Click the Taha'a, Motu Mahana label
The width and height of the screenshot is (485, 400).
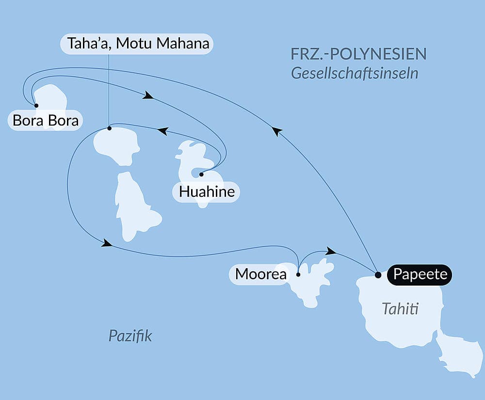point(139,44)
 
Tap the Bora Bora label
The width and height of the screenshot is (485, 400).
point(46,120)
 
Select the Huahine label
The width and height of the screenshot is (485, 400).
point(207,192)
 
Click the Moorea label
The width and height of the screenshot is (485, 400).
point(260,274)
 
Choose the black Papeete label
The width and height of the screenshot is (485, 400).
point(420,274)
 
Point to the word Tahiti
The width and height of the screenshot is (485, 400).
point(400,308)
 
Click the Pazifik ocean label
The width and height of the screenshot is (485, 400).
point(130,336)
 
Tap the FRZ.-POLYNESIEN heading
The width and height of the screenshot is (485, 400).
point(358,54)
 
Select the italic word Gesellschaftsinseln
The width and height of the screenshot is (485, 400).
point(355,74)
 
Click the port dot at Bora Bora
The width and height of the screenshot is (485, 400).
point(36,105)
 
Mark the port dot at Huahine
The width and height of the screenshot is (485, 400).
point(201,174)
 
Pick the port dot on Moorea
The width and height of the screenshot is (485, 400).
point(298,274)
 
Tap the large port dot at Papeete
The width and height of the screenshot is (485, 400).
point(378,274)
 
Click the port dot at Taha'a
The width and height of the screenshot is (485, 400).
point(109,128)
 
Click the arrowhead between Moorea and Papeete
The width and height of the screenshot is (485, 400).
point(331,251)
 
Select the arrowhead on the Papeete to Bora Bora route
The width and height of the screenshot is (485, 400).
point(276,130)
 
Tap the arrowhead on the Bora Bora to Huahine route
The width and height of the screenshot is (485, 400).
point(148,96)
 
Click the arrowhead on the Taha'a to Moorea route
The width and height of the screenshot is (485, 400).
point(107,244)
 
